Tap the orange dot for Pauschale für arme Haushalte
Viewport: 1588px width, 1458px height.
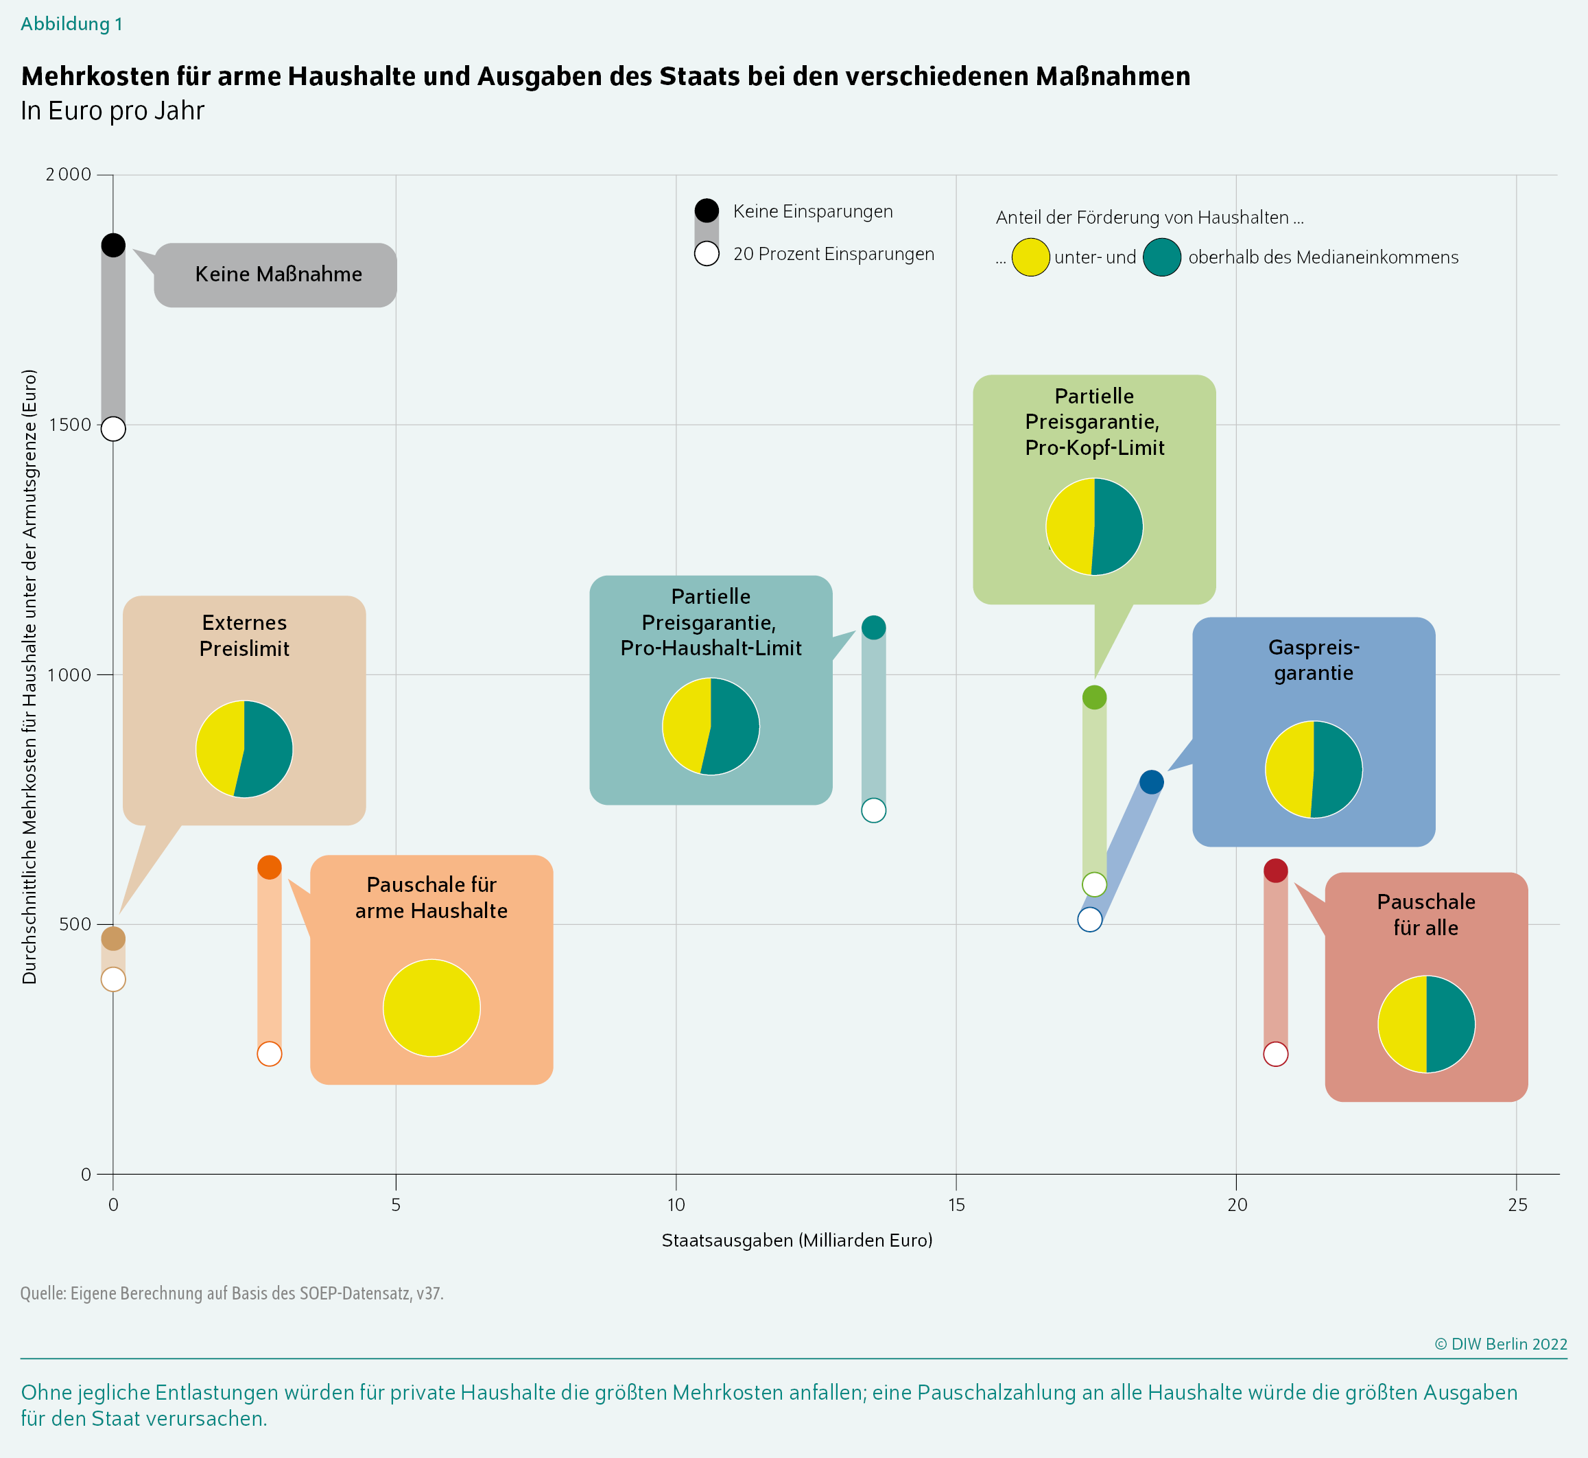pyautogui.click(x=270, y=868)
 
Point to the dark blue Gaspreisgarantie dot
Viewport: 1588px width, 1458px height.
pyautogui.click(x=1152, y=782)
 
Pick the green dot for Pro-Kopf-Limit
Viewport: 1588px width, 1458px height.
pyautogui.click(x=1094, y=698)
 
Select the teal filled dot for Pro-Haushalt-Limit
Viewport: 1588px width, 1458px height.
pyautogui.click(x=873, y=628)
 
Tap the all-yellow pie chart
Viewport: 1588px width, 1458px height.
pyautogui.click(x=431, y=1007)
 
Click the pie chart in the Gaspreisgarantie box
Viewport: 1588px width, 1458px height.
pyautogui.click(x=1314, y=769)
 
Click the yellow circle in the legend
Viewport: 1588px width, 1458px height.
pyautogui.click(x=1030, y=257)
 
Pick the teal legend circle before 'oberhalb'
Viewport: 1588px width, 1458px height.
pyautogui.click(x=1162, y=257)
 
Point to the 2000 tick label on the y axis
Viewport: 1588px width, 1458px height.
pyautogui.click(x=69, y=174)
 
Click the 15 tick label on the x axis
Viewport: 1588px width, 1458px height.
pyautogui.click(x=956, y=1205)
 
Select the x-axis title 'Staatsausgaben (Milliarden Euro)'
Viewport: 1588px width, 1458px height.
pyautogui.click(x=797, y=1241)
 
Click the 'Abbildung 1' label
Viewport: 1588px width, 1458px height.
pyautogui.click(x=72, y=23)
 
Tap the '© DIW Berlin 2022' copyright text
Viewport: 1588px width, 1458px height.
pyautogui.click(x=1500, y=1344)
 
